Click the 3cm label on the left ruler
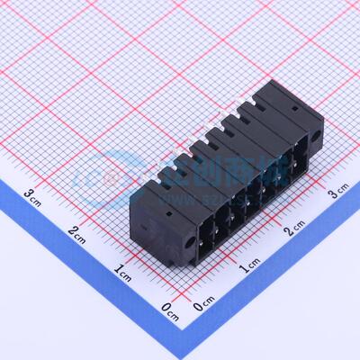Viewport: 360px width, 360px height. pos(33,194)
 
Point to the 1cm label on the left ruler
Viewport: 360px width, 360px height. pos(123,271)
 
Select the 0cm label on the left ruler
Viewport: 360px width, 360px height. pos(168,310)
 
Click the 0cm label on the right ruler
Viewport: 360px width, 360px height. pos(204,306)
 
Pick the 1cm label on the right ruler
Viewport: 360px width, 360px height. pos(249,267)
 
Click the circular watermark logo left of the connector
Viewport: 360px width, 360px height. pos(94,171)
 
